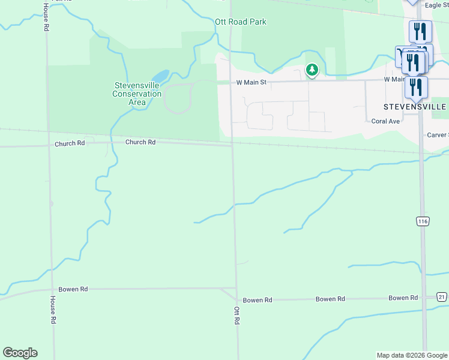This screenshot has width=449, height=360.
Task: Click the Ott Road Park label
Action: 240,22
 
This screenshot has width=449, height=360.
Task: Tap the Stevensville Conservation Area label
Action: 137,94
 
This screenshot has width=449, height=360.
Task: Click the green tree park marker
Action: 312,70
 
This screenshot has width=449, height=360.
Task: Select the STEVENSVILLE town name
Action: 415,106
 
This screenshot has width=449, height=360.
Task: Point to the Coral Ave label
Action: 385,121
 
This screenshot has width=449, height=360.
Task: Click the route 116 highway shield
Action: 423,221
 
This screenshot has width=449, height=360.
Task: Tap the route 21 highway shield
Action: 442,297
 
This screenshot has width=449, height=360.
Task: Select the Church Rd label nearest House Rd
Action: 70,144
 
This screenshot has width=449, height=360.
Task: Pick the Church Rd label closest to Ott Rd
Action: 140,142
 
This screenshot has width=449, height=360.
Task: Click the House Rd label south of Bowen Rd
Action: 53,310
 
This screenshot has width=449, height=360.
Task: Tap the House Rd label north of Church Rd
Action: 46,17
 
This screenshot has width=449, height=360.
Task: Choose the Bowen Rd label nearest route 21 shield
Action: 403,298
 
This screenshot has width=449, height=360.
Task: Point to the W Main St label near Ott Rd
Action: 250,82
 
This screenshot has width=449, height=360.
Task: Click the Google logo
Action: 20,353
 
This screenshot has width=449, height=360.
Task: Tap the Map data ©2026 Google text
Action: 412,355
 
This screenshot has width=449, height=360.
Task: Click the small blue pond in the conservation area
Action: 160,77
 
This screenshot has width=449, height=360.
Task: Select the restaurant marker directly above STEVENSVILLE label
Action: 415,87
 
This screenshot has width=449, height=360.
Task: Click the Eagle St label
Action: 436,5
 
